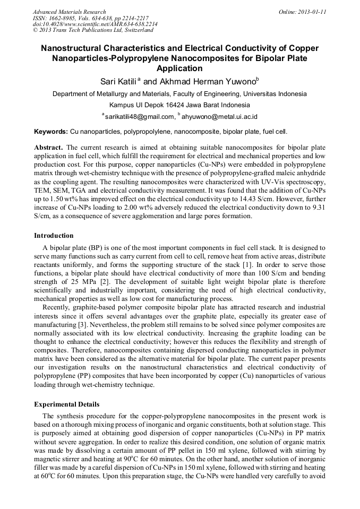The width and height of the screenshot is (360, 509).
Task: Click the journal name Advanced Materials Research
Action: coord(69,12)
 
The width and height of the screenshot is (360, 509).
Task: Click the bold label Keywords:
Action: coord(51,131)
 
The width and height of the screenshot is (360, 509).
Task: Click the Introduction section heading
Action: coord(54,236)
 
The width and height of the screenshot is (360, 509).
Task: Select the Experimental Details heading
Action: coord(66,404)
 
